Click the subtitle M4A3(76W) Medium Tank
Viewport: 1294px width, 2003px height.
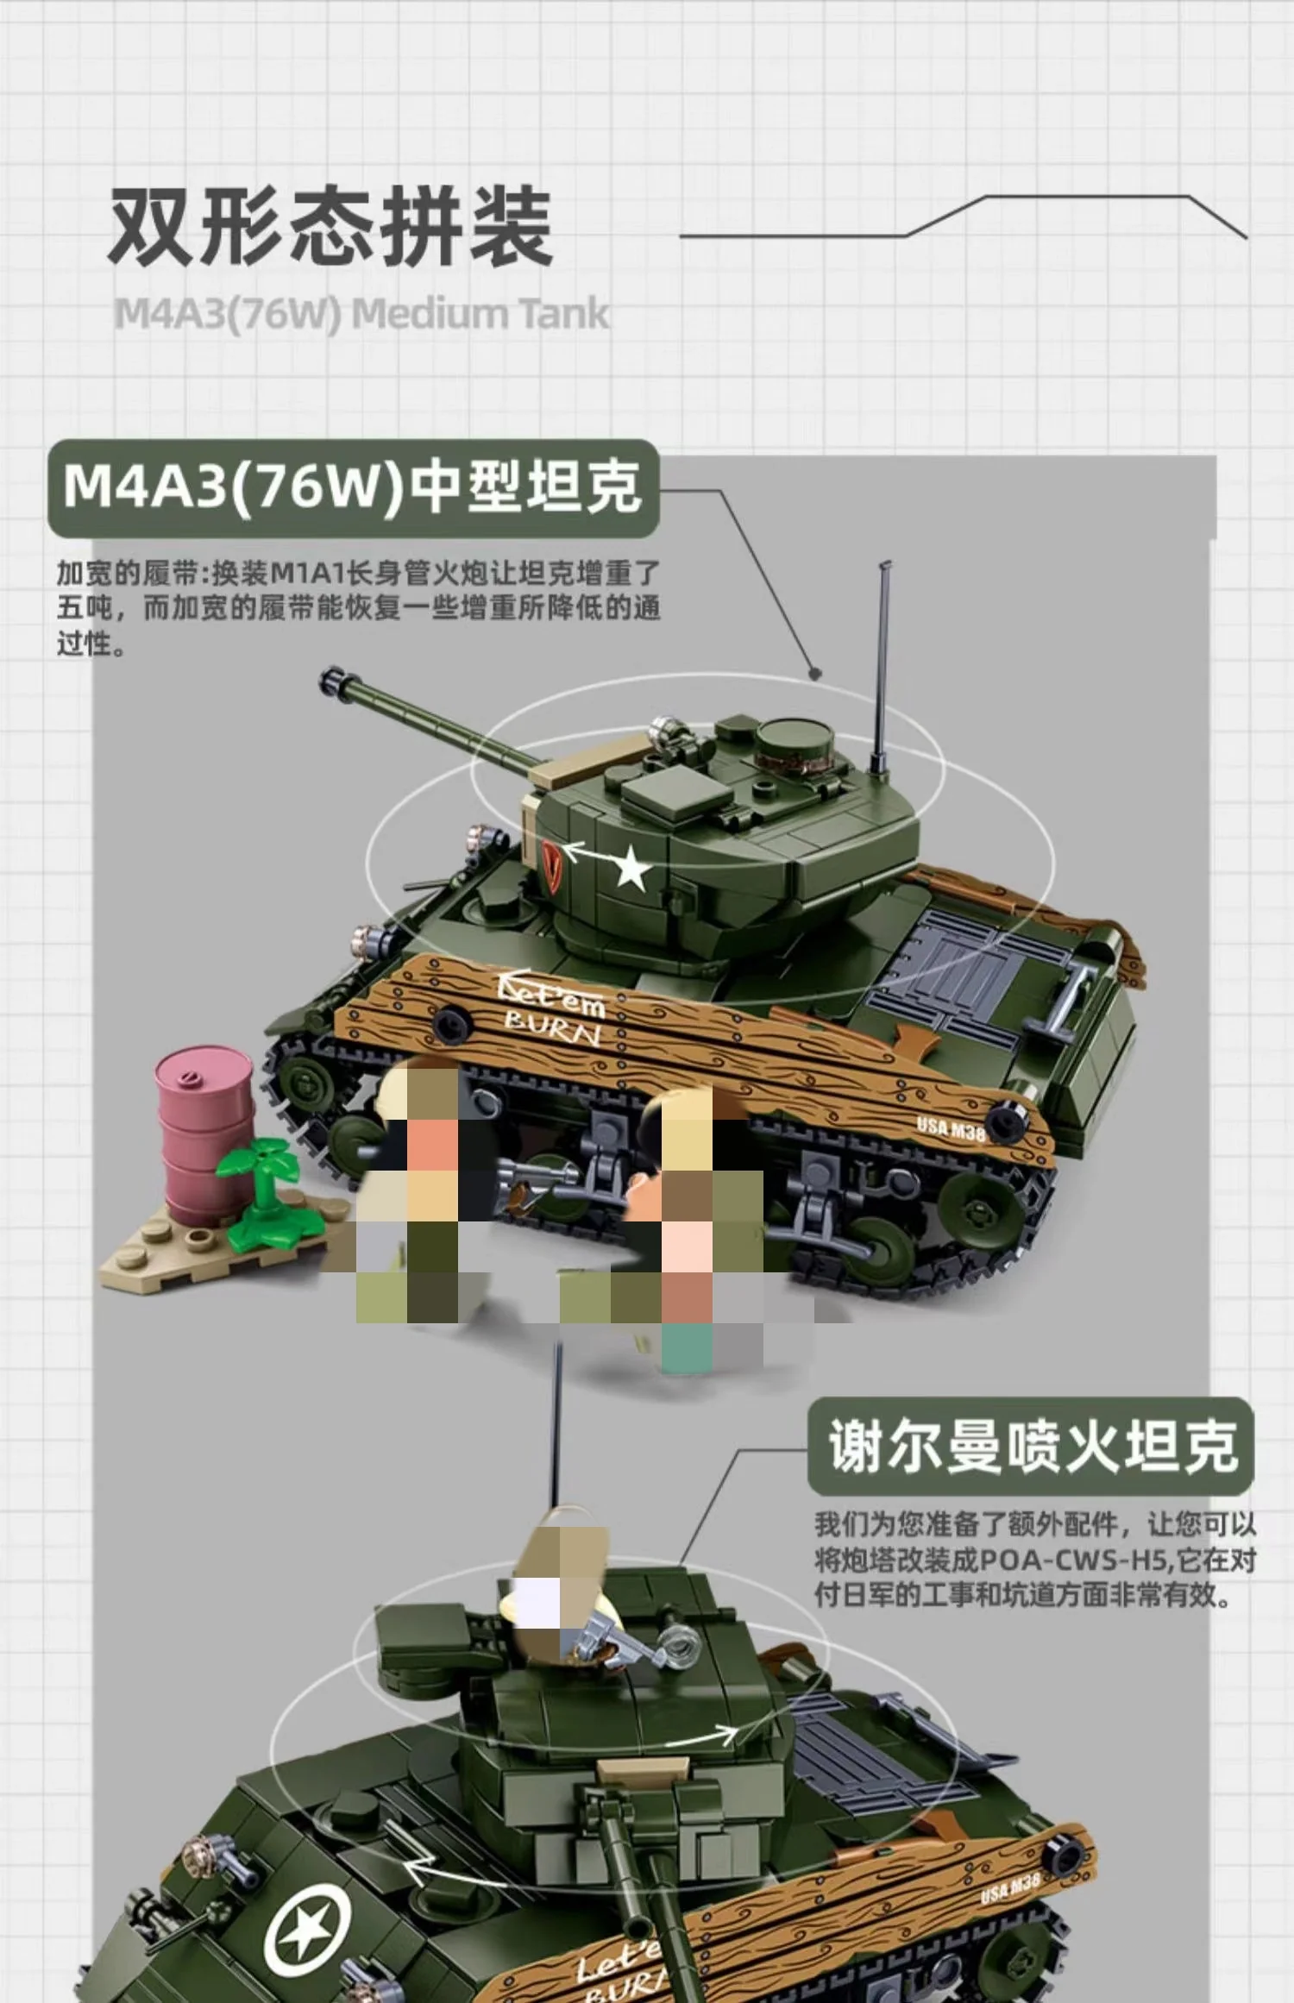tap(362, 314)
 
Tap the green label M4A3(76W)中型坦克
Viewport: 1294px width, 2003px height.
tap(353, 487)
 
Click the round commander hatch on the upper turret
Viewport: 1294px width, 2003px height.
tap(795, 741)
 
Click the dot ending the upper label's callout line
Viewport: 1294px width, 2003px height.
tap(814, 673)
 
